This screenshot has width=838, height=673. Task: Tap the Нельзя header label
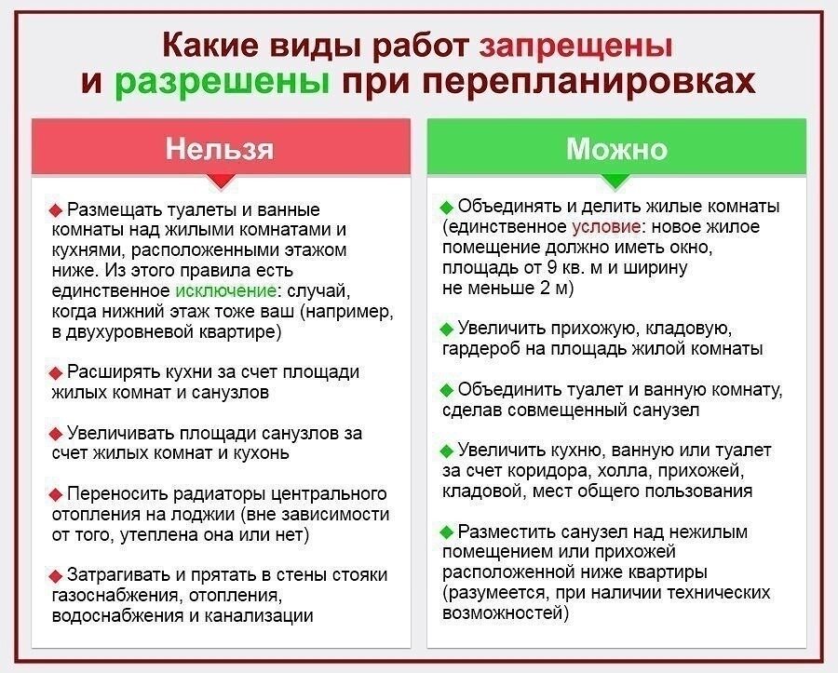(x=221, y=149)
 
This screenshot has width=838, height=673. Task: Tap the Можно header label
(x=616, y=149)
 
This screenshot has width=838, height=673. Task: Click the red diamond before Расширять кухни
(x=55, y=372)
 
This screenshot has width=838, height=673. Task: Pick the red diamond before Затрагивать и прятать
(x=55, y=575)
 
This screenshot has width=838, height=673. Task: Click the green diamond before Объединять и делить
(x=446, y=207)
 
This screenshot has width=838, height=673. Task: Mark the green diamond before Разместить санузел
(x=446, y=532)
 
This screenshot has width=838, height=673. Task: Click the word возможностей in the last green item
(x=496, y=613)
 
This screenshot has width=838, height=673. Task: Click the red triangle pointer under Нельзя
(x=221, y=181)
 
